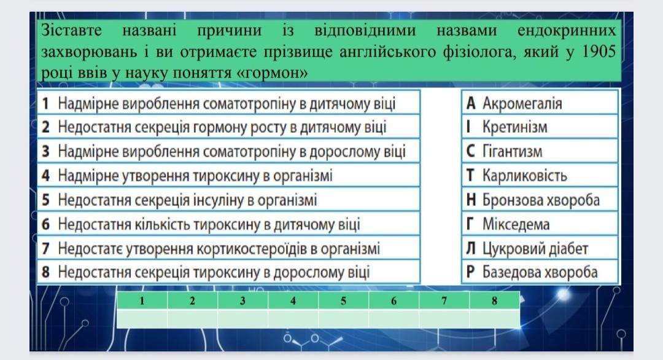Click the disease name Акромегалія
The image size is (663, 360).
pos(522,103)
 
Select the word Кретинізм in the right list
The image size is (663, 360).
pos(514,127)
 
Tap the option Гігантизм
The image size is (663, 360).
pos(512,152)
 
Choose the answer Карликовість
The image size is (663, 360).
pos(525,176)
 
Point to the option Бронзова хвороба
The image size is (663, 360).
pos(541,200)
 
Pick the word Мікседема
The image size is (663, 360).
pos(516,224)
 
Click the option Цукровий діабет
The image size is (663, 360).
pos(535,248)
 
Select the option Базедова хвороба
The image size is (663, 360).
pos(540,272)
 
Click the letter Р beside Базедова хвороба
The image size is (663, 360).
pos(470,272)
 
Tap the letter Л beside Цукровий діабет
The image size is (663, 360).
pos(471,248)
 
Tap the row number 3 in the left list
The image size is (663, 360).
pos(45,152)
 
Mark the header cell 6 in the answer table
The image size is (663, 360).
pos(394,301)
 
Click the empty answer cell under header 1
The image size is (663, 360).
pos(142,319)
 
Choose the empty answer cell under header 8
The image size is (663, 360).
pos(494,319)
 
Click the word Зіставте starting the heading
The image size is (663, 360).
pos(71,31)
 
